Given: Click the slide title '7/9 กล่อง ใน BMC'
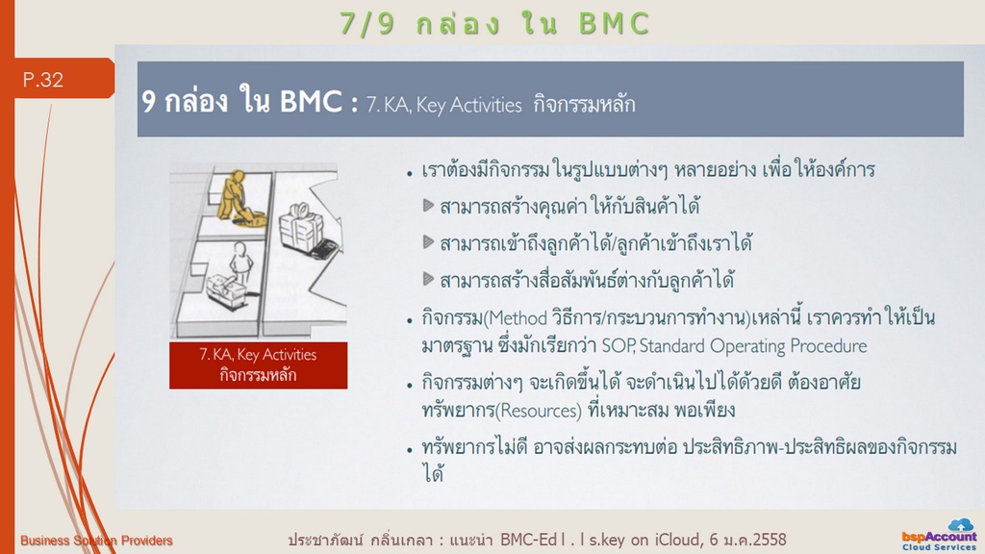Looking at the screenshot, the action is click(x=494, y=23).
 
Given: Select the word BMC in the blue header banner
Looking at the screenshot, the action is click(x=311, y=100).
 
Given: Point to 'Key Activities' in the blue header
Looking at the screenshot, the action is click(x=468, y=104).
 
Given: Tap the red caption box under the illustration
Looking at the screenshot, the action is click(x=258, y=365).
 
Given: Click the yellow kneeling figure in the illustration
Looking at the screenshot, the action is click(x=239, y=198).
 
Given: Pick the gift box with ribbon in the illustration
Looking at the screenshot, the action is click(x=301, y=225).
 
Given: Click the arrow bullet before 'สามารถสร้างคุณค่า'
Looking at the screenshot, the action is click(x=429, y=206).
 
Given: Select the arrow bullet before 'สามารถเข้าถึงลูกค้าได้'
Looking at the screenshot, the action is click(x=429, y=241).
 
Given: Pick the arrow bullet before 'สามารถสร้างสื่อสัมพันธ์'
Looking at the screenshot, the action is click(x=429, y=278).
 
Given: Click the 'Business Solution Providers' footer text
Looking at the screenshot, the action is click(x=96, y=541).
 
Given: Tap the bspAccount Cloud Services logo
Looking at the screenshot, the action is click(x=940, y=535).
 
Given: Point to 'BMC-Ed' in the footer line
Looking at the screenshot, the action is click(x=528, y=540).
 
